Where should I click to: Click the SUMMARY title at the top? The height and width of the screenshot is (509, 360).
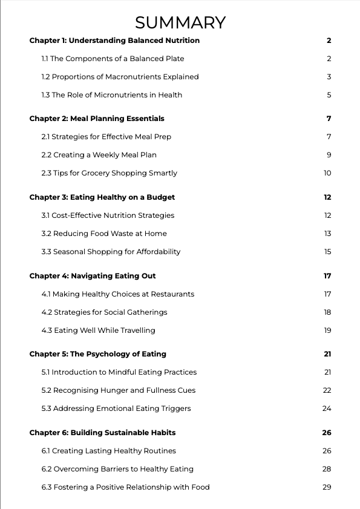tap(180, 22)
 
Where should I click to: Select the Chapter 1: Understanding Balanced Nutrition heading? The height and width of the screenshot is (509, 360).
tap(114, 41)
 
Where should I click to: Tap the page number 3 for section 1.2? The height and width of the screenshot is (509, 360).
tap(329, 77)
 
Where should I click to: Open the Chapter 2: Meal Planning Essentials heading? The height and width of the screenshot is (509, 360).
tap(97, 119)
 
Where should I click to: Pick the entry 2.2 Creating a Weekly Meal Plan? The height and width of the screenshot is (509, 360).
tap(99, 155)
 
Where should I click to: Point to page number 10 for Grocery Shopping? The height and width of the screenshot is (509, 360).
tap(327, 173)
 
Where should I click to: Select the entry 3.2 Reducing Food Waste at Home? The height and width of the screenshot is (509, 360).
tap(104, 234)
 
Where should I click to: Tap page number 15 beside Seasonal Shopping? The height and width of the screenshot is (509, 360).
tap(327, 252)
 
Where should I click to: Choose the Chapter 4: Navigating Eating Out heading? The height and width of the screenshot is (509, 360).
tap(93, 276)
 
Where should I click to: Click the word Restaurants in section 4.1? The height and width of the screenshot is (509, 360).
tap(174, 294)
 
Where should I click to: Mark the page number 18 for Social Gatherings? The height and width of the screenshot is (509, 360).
tap(327, 312)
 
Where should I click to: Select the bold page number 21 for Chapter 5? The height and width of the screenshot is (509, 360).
tap(327, 354)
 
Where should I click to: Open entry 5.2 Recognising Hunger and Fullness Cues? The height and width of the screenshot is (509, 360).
tap(119, 390)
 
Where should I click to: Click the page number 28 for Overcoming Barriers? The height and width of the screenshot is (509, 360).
tap(327, 469)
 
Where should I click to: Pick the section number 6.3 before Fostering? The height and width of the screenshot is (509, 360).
tap(46, 487)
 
